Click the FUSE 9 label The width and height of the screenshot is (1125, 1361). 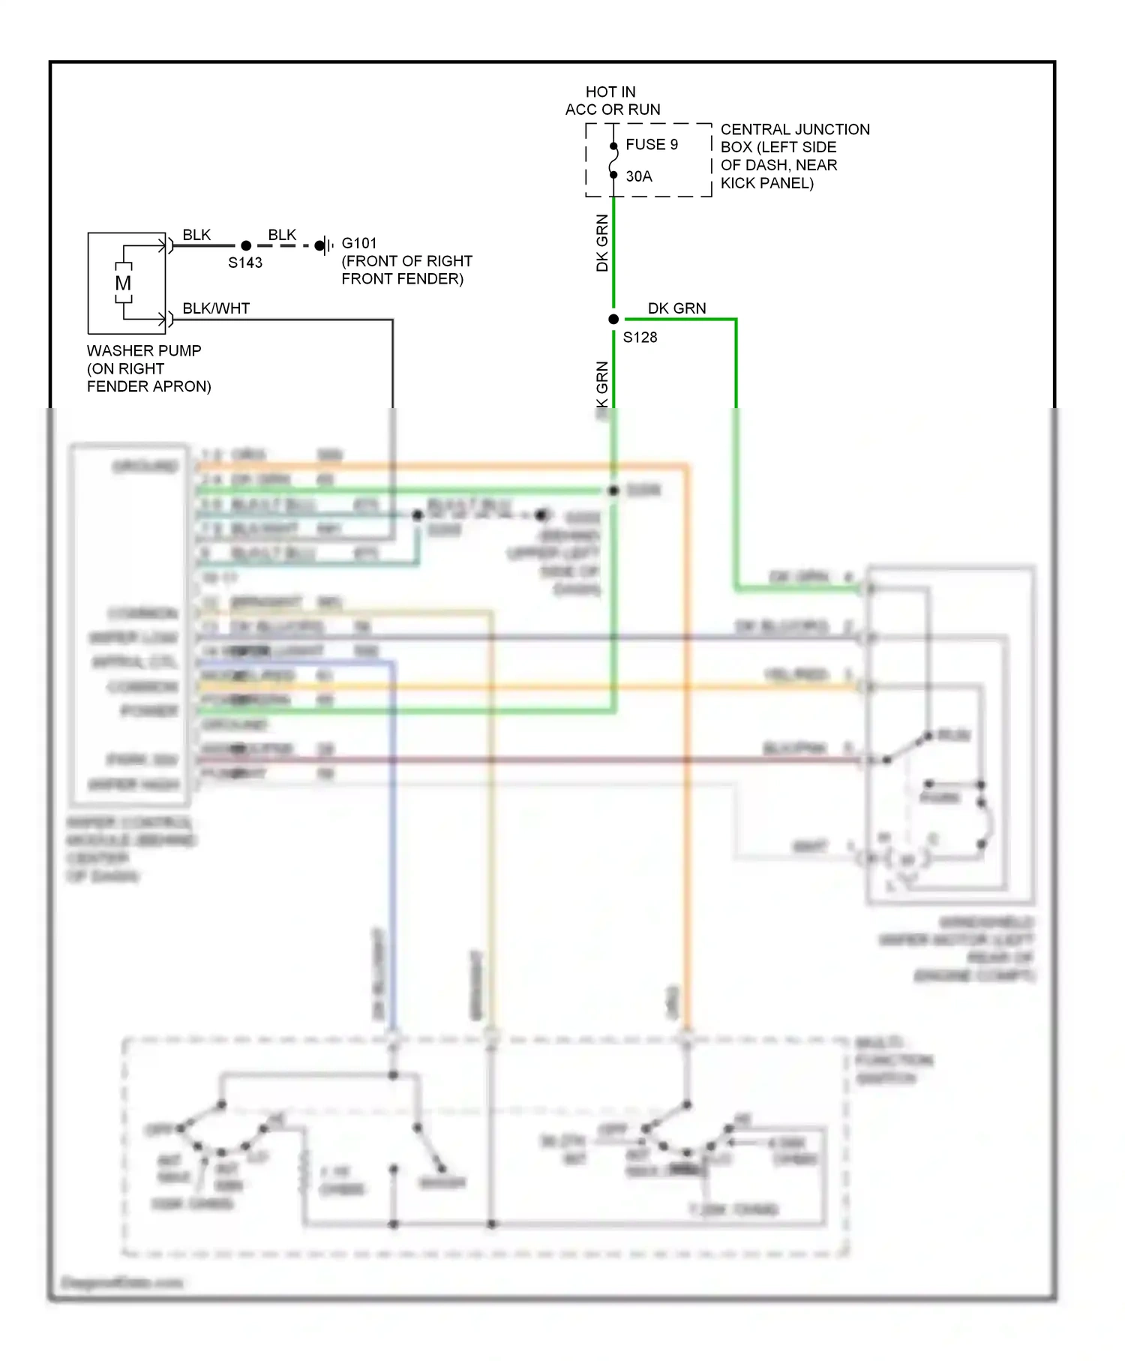click(x=651, y=144)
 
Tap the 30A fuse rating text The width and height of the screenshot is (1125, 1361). click(x=639, y=176)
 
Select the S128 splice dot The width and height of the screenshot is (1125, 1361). click(x=613, y=320)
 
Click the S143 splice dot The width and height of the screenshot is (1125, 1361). click(x=246, y=245)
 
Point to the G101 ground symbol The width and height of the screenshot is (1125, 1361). click(x=325, y=245)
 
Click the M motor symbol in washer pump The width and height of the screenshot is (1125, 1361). click(x=124, y=284)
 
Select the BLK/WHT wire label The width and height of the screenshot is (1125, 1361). click(x=216, y=308)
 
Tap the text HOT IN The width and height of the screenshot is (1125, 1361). click(x=610, y=92)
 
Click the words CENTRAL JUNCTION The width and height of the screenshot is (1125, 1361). click(x=795, y=129)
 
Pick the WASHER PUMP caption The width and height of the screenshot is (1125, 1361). click(x=144, y=350)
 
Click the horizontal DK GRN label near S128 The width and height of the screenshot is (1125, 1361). click(x=676, y=308)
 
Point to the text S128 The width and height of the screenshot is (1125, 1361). click(x=640, y=338)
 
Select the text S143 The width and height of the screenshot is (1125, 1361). click(x=245, y=263)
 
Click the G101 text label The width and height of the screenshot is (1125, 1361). click(x=359, y=243)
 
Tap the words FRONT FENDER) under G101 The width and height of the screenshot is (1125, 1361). click(x=402, y=279)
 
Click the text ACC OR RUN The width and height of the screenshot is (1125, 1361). click(x=613, y=110)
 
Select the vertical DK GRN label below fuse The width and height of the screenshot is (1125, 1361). click(x=602, y=243)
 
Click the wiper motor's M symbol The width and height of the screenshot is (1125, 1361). click(x=907, y=860)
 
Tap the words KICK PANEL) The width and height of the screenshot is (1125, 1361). click(x=766, y=183)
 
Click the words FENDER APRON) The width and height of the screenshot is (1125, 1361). click(x=148, y=386)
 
